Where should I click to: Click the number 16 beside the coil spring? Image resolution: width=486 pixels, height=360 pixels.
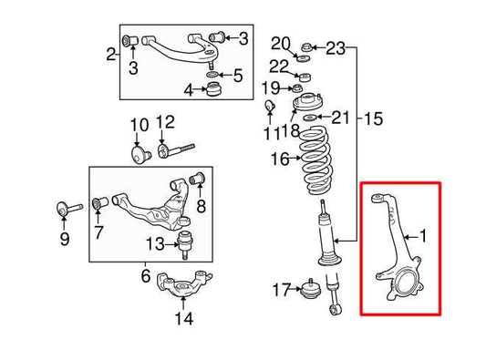[279, 159]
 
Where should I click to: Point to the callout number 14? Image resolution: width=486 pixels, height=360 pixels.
[184, 319]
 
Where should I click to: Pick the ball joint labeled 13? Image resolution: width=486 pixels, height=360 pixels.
[186, 242]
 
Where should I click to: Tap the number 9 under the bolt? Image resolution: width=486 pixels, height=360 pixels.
[64, 241]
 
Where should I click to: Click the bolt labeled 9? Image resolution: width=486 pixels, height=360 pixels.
[68, 209]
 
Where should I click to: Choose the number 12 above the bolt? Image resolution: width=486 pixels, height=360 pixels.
[164, 123]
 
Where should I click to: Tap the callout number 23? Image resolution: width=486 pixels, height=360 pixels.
[336, 47]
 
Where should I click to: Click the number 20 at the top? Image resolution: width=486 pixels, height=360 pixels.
[280, 43]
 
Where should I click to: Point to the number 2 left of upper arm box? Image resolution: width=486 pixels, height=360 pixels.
[111, 55]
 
